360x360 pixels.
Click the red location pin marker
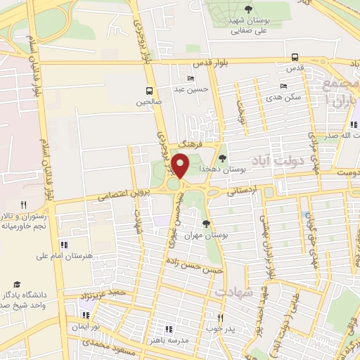coord(180,166)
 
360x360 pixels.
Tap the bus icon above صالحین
coord(149,91)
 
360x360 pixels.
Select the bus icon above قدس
coord(295,58)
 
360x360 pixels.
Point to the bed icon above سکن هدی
coord(283,86)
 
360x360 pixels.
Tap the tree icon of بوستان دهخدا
coord(223,158)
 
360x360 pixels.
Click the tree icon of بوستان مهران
coord(205,224)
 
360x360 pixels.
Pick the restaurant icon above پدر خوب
coord(220,317)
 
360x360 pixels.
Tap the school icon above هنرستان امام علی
coord(64,245)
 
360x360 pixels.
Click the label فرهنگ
coord(186,143)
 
